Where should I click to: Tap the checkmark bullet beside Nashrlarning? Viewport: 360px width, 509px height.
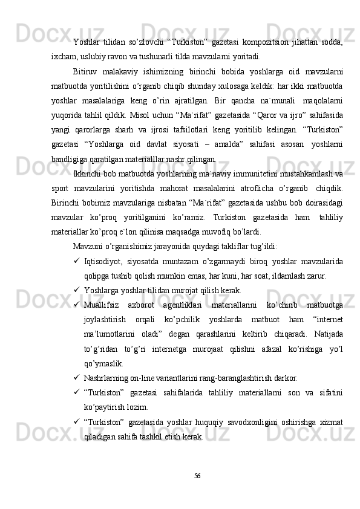pos(76,396)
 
